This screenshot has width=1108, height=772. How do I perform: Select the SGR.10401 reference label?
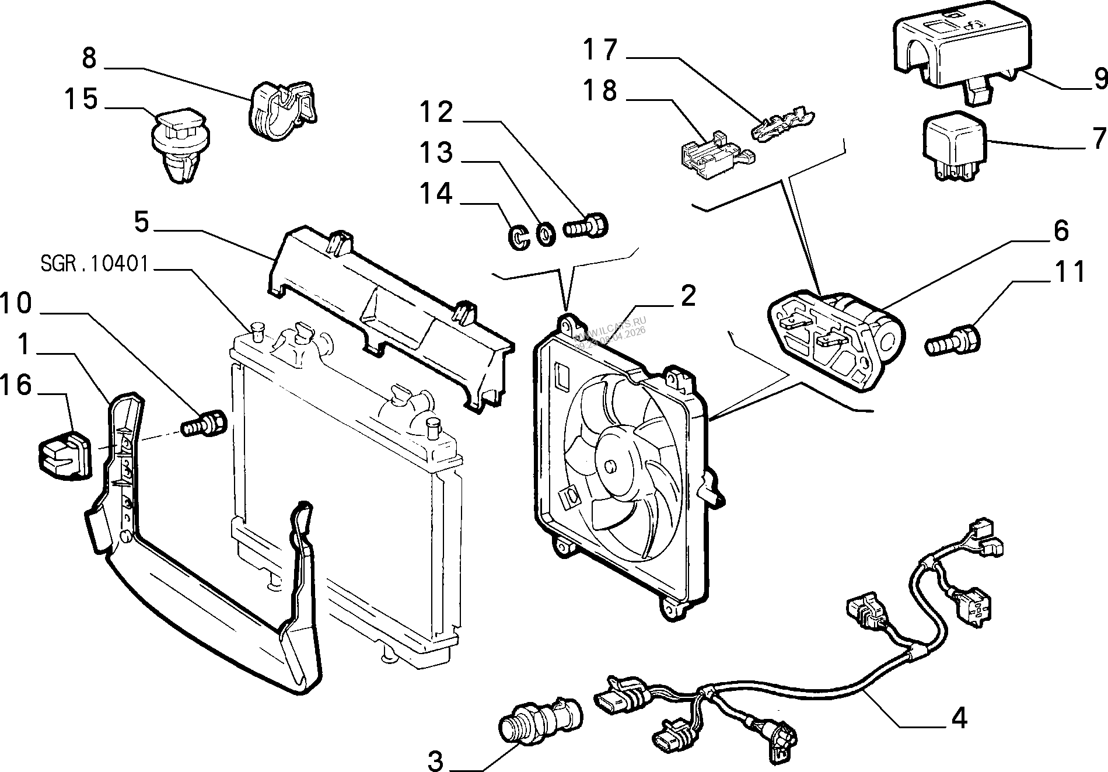pos(94,265)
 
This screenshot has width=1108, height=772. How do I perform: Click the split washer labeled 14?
pos(517,236)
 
